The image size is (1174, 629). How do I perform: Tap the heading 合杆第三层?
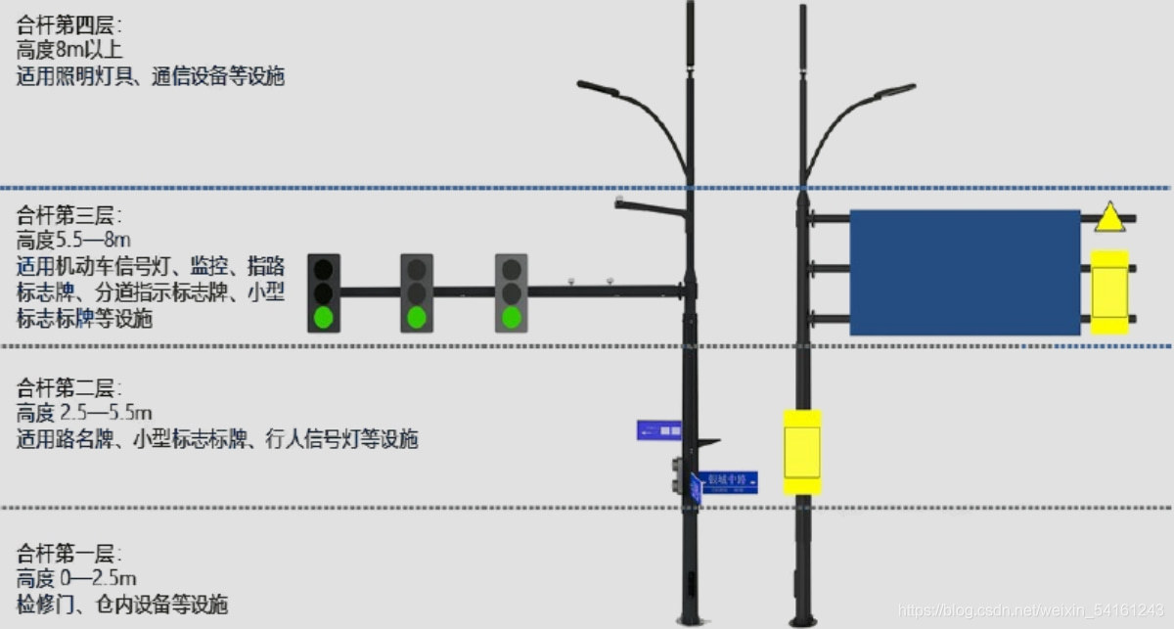[70, 215]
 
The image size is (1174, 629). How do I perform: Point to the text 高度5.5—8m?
[74, 241]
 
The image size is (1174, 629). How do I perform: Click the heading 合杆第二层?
[70, 386]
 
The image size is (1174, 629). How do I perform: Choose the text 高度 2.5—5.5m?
[85, 412]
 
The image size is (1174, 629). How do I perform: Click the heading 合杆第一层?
[70, 552]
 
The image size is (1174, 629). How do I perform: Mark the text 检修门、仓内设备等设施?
[122, 604]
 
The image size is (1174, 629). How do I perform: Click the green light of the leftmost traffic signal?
[324, 316]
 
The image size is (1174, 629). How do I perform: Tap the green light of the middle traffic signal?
[417, 316]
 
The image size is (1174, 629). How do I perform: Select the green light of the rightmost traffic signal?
[511, 316]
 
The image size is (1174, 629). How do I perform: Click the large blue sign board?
[964, 273]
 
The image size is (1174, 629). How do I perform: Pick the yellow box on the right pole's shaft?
[802, 452]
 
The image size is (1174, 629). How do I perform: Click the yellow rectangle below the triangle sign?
[1109, 292]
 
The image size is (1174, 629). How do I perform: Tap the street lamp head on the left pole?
[598, 88]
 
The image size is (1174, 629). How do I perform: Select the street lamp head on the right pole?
[895, 91]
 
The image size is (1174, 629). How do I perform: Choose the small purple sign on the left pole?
[658, 429]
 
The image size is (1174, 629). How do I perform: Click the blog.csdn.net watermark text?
[1031, 610]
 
